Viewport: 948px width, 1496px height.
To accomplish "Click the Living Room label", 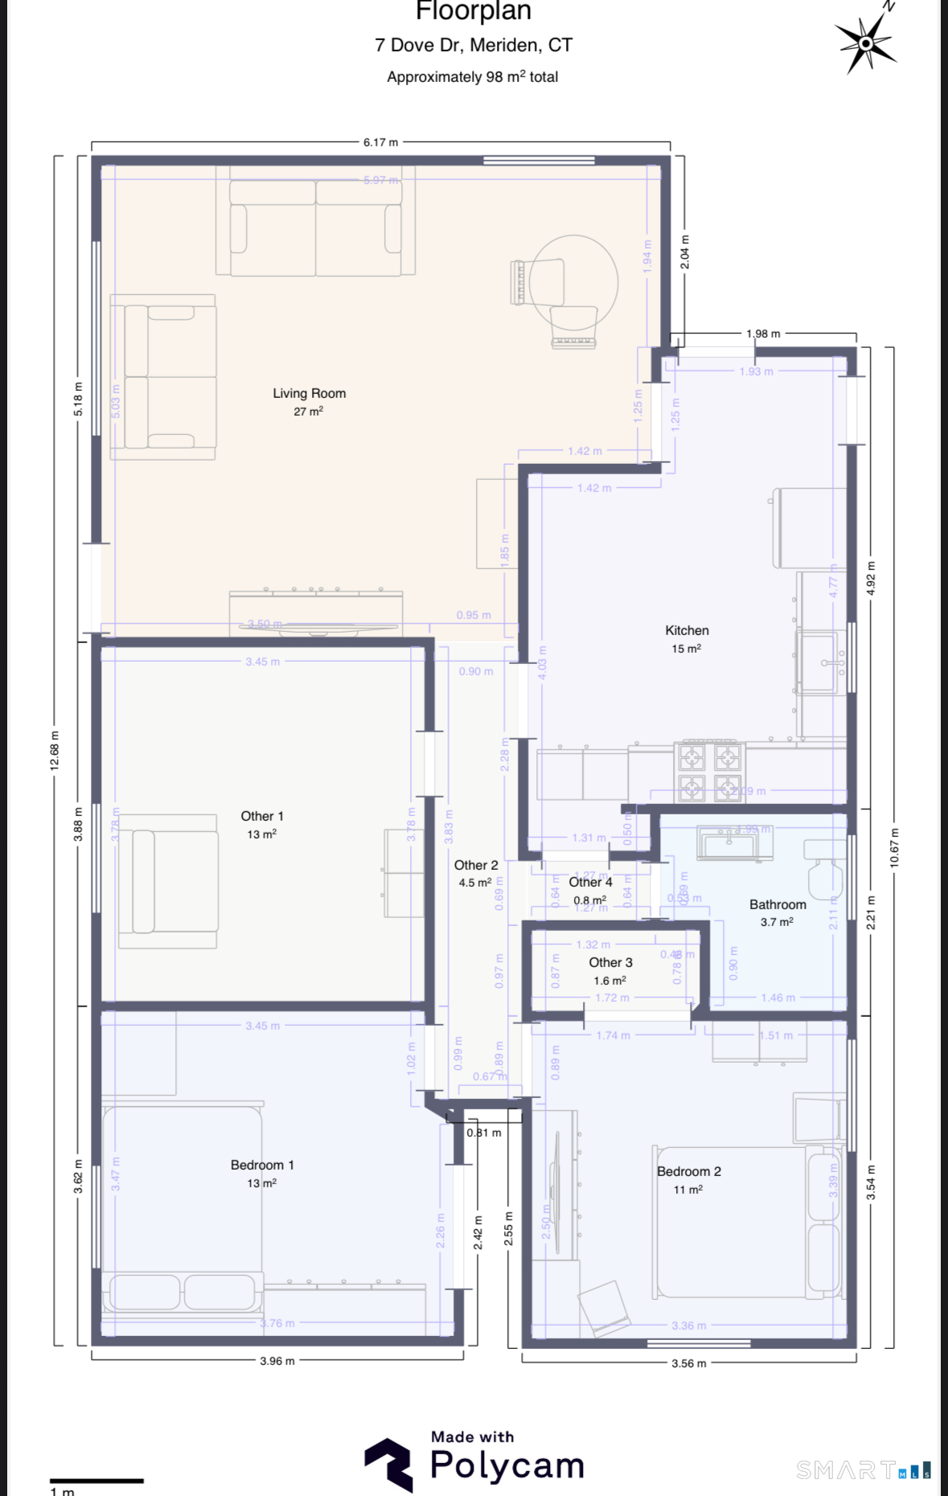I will [309, 394].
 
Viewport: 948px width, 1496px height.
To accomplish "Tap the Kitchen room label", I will [687, 631].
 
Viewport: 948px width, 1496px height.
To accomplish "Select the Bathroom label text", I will [777, 905].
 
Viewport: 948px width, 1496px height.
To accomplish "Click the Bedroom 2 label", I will [688, 1172].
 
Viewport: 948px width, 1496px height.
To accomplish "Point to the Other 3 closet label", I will [610, 963].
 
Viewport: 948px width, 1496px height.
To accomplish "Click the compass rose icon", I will [865, 43].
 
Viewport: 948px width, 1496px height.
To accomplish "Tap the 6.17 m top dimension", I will [380, 142].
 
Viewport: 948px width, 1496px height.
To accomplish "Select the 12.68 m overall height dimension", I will [55, 751].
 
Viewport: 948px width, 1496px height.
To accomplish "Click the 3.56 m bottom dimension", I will [688, 1363].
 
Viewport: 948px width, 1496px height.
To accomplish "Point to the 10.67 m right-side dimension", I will [894, 847].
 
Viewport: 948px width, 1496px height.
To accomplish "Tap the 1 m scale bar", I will [96, 1481].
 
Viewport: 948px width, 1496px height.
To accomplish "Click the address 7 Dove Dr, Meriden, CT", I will [473, 46].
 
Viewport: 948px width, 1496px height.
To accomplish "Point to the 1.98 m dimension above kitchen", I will [762, 334].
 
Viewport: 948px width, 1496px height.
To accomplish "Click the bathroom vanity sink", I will [728, 845].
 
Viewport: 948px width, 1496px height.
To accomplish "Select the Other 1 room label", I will [262, 817].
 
